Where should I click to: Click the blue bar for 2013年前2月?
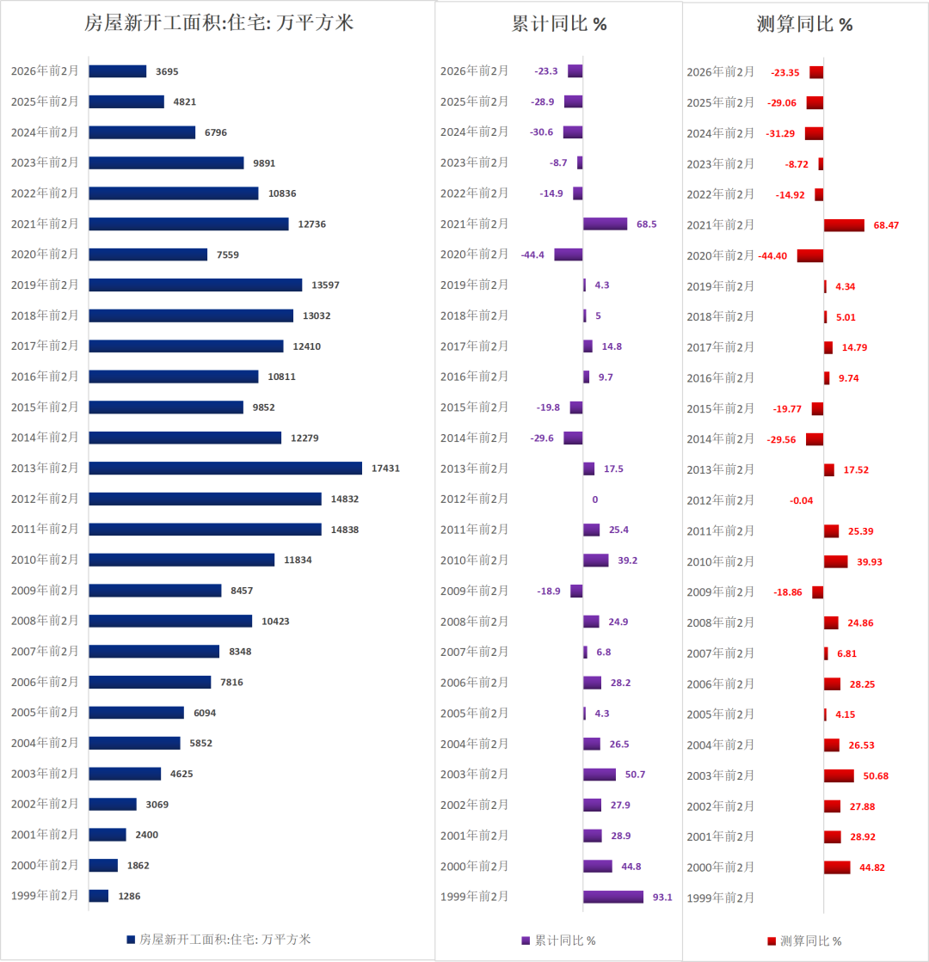pyautogui.click(x=225, y=469)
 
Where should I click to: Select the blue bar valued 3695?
pyautogui.click(x=118, y=71)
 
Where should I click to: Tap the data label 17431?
pyautogui.click(x=385, y=469)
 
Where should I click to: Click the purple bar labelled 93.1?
pyautogui.click(x=612, y=897)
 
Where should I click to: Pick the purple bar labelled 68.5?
pyautogui.click(x=605, y=224)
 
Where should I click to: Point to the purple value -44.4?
pyautogui.click(x=532, y=254)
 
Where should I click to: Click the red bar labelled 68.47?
pyautogui.click(x=844, y=225)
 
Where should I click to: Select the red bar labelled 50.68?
pyautogui.click(x=839, y=775)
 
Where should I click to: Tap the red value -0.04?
pyautogui.click(x=801, y=500)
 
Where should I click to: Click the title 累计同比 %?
pyautogui.click(x=559, y=24)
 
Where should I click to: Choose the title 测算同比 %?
pyautogui.click(x=804, y=24)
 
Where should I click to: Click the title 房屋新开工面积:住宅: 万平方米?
pyautogui.click(x=218, y=23)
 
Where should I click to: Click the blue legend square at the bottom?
pyautogui.click(x=131, y=940)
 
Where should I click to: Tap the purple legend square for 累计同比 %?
pyautogui.click(x=526, y=941)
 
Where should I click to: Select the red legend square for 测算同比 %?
pyautogui.click(x=772, y=941)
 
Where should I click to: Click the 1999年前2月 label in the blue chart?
pyautogui.click(x=45, y=895)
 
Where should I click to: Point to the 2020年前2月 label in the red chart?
pyautogui.click(x=720, y=255)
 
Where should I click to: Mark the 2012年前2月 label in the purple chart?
pyautogui.click(x=474, y=499)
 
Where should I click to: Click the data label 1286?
pyautogui.click(x=129, y=896)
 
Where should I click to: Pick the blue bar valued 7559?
pyautogui.click(x=148, y=254)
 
